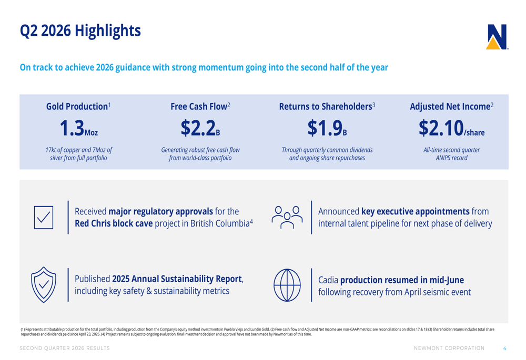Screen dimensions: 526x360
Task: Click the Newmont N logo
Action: pos(497,37)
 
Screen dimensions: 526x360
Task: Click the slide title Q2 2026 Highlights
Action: pos(80,31)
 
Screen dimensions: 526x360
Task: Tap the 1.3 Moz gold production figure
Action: pos(79,128)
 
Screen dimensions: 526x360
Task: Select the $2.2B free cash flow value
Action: pos(200,128)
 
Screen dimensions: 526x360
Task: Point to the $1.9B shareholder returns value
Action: pos(327,128)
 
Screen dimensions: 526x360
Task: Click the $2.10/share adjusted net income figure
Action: pos(451,128)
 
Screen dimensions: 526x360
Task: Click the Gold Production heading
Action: pos(78,106)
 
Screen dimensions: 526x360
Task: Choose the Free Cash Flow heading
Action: pos(200,106)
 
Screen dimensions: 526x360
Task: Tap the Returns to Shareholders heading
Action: pos(327,106)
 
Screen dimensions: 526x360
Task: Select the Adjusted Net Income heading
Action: pos(451,106)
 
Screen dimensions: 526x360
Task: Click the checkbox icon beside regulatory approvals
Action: pos(44,218)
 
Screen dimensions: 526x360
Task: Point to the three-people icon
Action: pos(287,217)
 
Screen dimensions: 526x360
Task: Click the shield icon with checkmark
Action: pos(44,284)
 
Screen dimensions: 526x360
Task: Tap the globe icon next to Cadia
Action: pos(287,285)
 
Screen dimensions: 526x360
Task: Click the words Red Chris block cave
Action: pos(114,223)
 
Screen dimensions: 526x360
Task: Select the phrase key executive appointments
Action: pos(416,211)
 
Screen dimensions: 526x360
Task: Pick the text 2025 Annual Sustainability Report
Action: pos(177,279)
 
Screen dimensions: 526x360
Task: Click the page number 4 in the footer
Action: pos(504,348)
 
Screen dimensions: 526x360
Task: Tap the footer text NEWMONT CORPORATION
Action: pos(449,348)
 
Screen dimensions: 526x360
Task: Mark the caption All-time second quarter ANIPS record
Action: pos(451,154)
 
